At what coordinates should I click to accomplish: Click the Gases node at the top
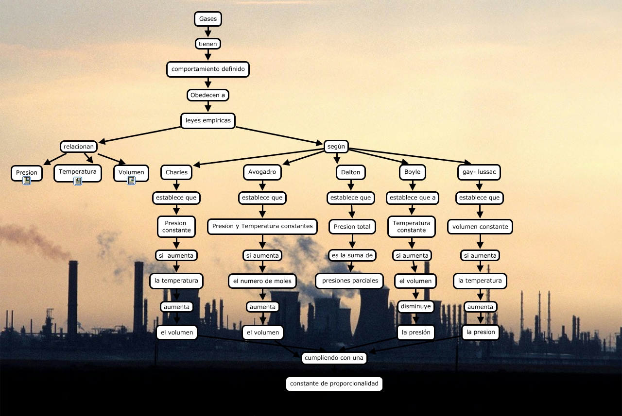(x=208, y=19)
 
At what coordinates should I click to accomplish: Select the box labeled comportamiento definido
(x=208, y=69)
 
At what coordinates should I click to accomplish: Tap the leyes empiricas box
(x=208, y=120)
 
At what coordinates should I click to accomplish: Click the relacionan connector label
(x=79, y=147)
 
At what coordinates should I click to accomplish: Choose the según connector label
(x=336, y=146)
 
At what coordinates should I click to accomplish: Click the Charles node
(x=176, y=172)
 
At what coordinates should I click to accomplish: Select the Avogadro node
(x=262, y=172)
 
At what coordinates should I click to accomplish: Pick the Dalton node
(x=351, y=172)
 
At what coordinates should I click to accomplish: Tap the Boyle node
(x=412, y=172)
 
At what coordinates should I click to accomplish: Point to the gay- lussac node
(x=479, y=172)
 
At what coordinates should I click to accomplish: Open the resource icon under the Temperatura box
(x=78, y=181)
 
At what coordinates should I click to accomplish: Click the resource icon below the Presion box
(x=27, y=181)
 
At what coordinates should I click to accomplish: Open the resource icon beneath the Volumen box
(x=131, y=181)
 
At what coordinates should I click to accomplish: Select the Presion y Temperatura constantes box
(x=262, y=226)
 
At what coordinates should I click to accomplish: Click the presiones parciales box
(x=350, y=281)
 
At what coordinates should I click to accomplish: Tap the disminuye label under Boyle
(x=416, y=306)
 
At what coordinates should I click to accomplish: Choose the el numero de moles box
(x=262, y=281)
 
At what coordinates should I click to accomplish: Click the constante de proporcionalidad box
(x=334, y=383)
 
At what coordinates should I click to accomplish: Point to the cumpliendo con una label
(x=334, y=358)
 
